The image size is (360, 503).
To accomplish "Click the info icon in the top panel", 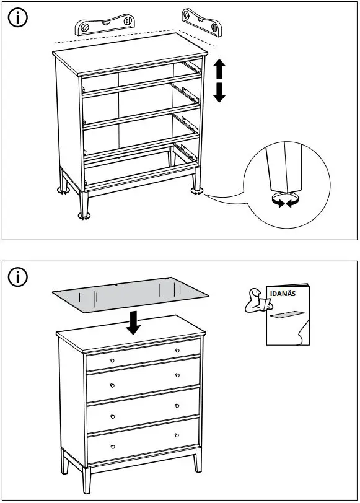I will (19, 19).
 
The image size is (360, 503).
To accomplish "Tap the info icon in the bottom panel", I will (19, 278).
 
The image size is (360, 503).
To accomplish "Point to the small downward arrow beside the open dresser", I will (219, 92).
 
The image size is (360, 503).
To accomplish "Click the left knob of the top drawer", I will (112, 361).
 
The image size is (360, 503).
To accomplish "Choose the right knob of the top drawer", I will (177, 351).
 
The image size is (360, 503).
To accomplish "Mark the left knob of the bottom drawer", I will (112, 446).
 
